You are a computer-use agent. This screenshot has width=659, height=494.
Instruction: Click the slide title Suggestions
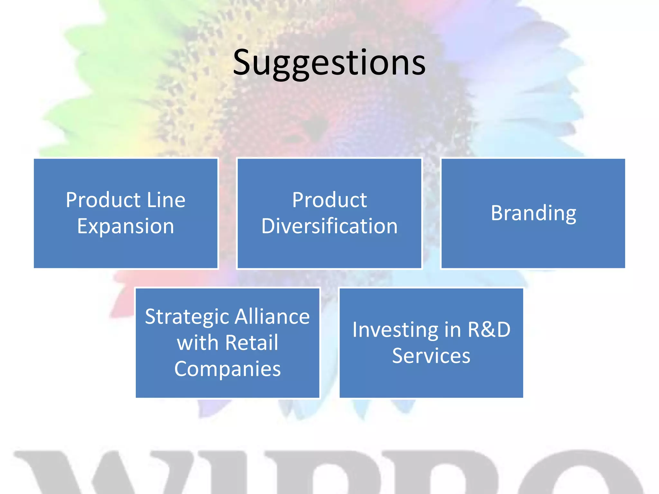point(329,63)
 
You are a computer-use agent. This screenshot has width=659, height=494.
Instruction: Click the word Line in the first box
point(166,200)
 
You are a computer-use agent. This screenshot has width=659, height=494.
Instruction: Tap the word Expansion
point(125,226)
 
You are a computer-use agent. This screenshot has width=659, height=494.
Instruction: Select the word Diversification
point(329,226)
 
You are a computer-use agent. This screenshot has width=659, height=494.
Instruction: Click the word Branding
point(533,213)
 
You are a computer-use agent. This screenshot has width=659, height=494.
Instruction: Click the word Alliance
point(272,316)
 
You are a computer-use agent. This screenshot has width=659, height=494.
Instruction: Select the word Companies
point(227,369)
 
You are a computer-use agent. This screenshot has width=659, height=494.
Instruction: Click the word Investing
point(395,330)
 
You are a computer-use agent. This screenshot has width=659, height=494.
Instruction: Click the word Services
point(431,356)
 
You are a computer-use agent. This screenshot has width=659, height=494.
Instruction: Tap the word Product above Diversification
point(329,200)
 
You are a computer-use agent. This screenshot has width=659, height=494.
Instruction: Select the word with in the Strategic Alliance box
point(198,343)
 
